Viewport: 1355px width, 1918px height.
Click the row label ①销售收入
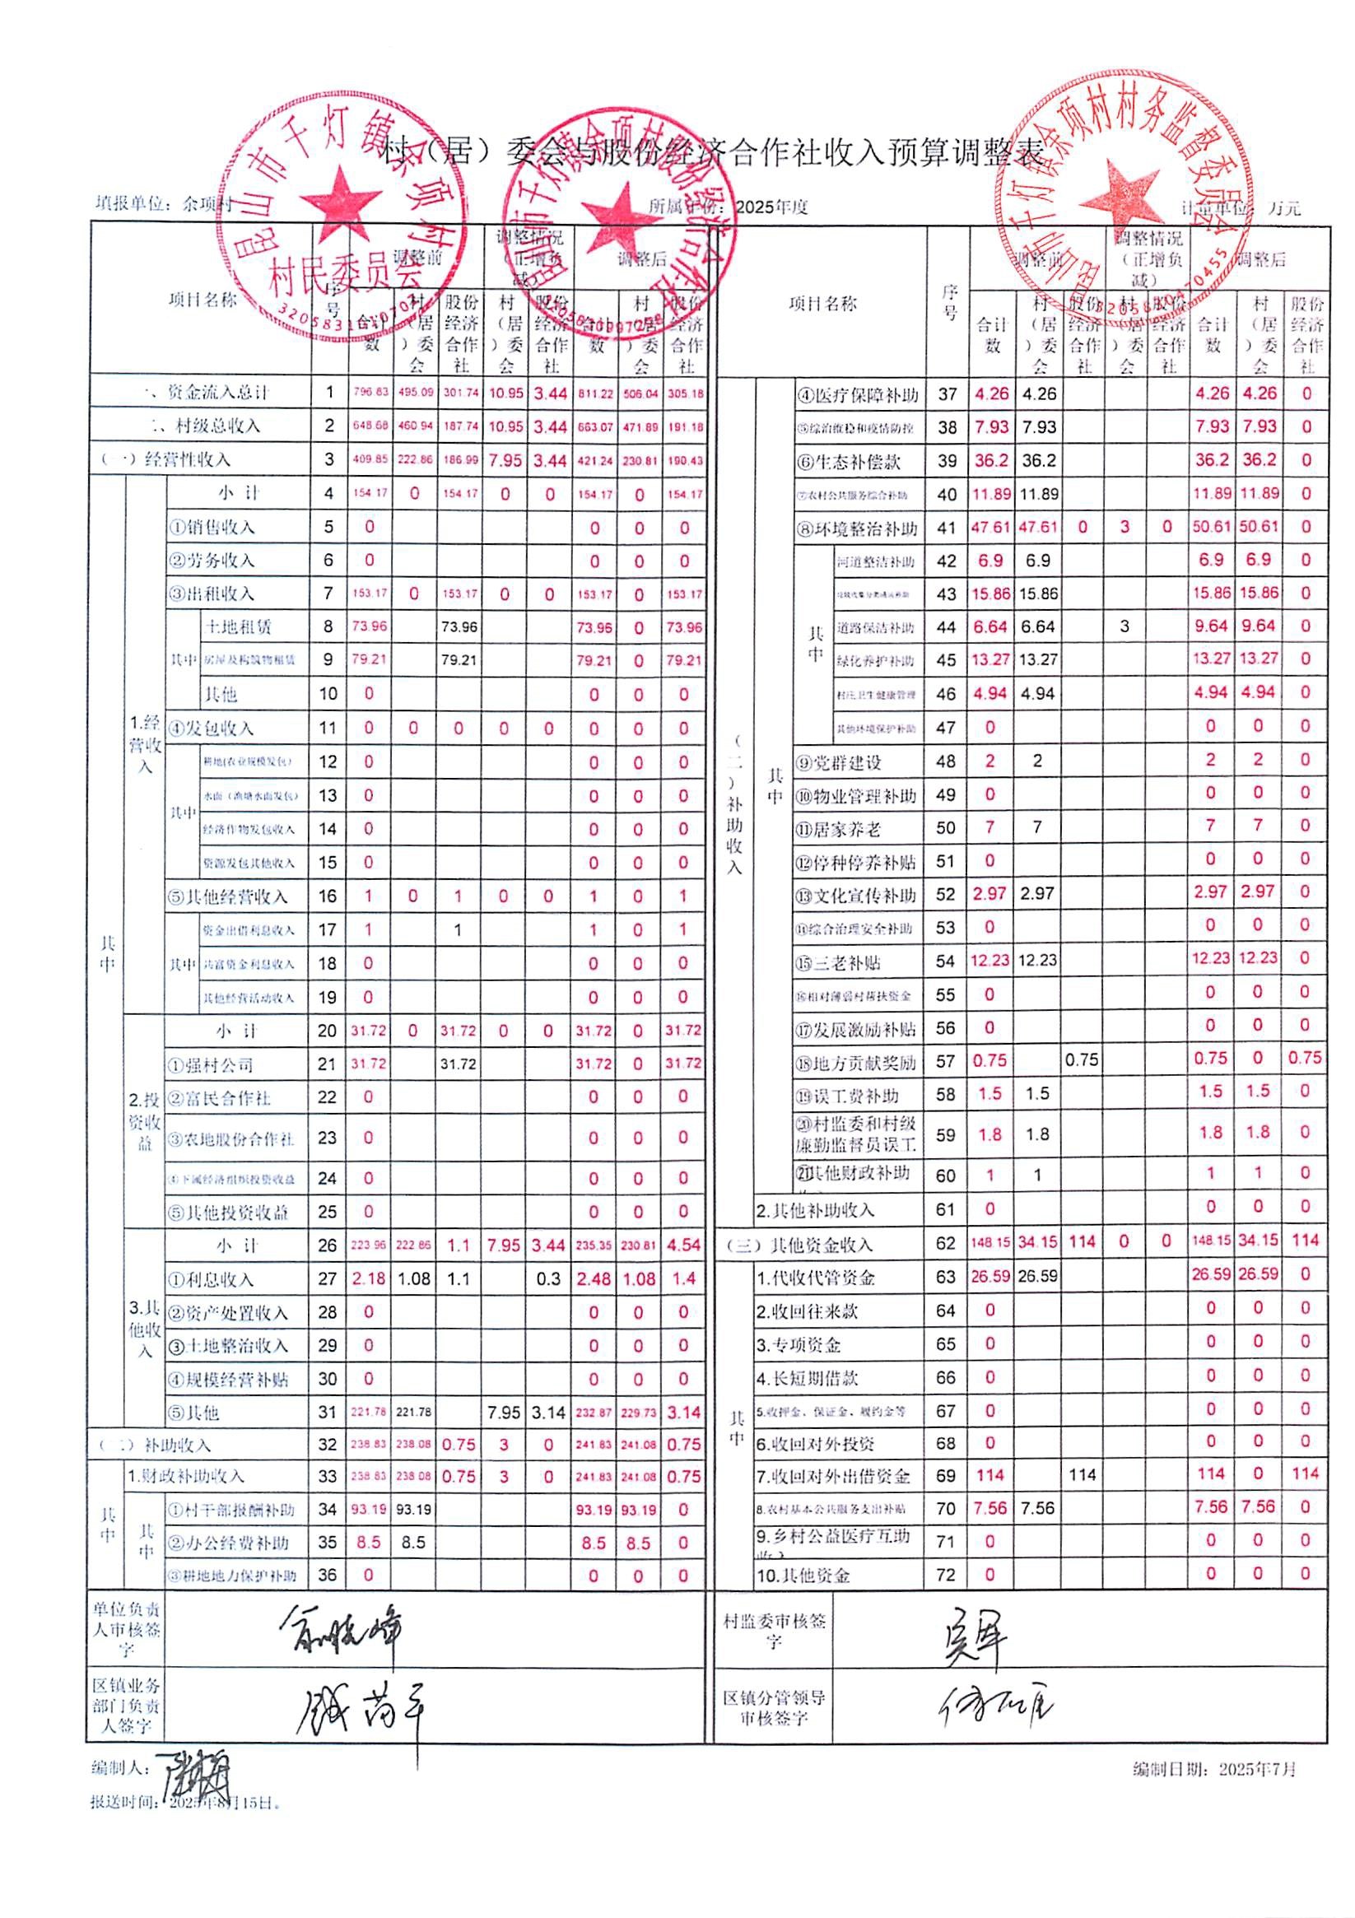click(x=212, y=527)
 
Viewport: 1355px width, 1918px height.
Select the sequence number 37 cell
click(x=947, y=394)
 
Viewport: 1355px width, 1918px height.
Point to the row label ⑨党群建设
click(x=839, y=762)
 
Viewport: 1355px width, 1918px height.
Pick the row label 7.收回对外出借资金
click(x=833, y=1476)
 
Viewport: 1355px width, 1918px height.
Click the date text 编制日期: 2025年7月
click(x=1213, y=1767)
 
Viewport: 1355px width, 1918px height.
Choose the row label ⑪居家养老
click(x=838, y=829)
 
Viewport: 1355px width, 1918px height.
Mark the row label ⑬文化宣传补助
click(x=855, y=896)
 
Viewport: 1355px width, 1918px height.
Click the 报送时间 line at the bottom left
click(x=184, y=1803)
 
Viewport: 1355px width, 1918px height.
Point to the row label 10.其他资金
click(x=803, y=1576)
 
